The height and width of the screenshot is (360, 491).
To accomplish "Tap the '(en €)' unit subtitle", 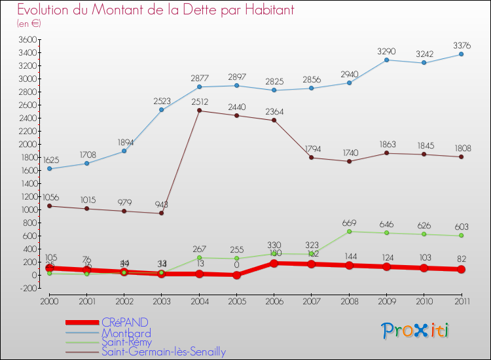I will coord(29,24).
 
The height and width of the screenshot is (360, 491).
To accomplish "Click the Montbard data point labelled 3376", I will coord(461,54).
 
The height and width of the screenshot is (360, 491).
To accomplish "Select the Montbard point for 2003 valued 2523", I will coord(161,109).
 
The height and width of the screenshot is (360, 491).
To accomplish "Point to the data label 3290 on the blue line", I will coord(386,51).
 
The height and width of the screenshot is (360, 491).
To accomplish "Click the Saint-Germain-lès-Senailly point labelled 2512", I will coord(199,111).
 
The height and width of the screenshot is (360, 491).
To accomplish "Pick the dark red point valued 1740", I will coord(349,161).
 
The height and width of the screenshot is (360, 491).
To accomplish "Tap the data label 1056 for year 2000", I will coord(51,197).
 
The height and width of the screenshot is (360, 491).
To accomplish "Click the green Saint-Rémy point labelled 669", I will coord(349,231).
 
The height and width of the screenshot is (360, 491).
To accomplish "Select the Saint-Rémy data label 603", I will coord(462,226).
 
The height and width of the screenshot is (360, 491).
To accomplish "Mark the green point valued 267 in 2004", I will coord(199,257).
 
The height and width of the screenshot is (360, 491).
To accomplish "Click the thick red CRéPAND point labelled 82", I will coord(461,270).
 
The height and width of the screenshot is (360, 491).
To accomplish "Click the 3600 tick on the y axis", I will coord(27,39).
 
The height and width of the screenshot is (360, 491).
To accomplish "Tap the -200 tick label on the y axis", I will coord(27,289).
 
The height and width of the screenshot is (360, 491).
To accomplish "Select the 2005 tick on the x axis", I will coord(236,300).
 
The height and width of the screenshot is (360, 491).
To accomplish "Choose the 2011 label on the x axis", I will coord(461,300).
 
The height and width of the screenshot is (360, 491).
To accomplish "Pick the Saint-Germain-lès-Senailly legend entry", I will coord(163,351).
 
